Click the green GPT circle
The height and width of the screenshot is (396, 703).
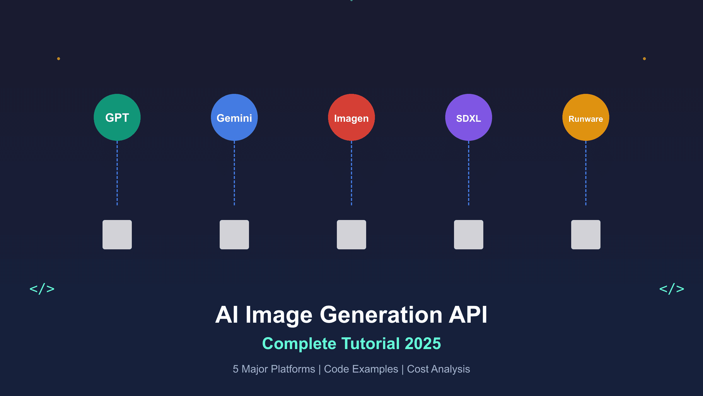[x=117, y=117]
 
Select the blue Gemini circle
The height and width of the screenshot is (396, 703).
[x=234, y=117]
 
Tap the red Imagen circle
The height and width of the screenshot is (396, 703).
[x=351, y=117]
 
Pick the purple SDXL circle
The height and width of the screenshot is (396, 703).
[x=469, y=117]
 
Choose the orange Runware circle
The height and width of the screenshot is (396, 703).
[x=586, y=117]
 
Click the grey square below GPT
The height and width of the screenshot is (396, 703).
[x=117, y=235]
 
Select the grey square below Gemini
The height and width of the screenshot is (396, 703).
[x=234, y=235]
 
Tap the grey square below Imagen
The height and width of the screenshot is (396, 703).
[x=351, y=235]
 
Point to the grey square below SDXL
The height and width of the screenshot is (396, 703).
[x=469, y=235]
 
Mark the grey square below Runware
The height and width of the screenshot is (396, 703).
[x=586, y=235]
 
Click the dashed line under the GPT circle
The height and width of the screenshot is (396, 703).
[x=117, y=173]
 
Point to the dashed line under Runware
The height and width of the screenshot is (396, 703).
[x=586, y=173]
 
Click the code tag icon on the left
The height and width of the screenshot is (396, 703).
[x=42, y=289]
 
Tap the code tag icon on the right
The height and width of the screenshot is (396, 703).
[x=672, y=289]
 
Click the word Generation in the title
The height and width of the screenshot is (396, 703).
[x=381, y=315]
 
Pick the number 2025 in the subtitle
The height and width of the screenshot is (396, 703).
[x=423, y=343]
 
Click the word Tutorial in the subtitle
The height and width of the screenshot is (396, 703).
[x=371, y=343]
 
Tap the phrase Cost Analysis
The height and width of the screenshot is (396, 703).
[x=438, y=369]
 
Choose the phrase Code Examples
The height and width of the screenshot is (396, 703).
[x=361, y=369]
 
